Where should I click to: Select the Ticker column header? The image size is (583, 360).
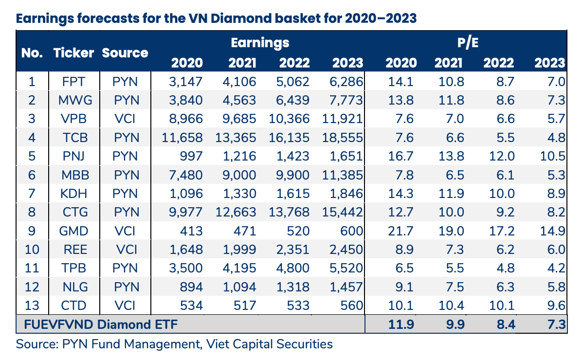[73, 53]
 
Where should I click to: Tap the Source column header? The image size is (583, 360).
[125, 53]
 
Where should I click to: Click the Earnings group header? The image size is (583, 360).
[260, 43]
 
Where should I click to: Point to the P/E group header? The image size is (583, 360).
[468, 43]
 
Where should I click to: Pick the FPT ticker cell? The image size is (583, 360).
[73, 81]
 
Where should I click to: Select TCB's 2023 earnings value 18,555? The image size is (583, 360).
[342, 138]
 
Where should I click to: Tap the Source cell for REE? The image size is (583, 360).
[126, 250]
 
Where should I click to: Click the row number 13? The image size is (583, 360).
[32, 306]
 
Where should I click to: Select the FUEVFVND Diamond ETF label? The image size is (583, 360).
[97, 324]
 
